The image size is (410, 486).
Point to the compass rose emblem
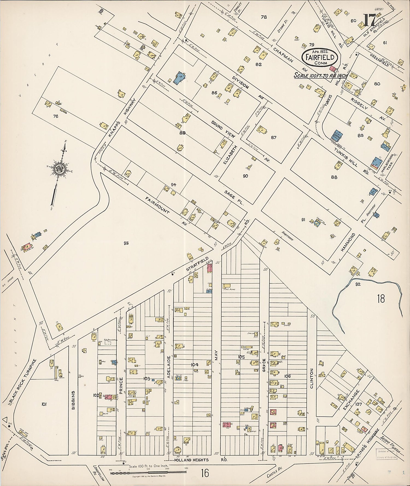tap(59, 169)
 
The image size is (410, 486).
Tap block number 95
tap(126, 243)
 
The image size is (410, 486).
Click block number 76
tap(56, 116)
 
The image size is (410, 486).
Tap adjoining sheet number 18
tap(381, 299)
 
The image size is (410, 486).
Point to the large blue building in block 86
tap(179, 78)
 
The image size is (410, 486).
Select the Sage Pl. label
tap(234, 198)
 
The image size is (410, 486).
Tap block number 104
tap(195, 364)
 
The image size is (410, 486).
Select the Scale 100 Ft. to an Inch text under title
tap(321, 75)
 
